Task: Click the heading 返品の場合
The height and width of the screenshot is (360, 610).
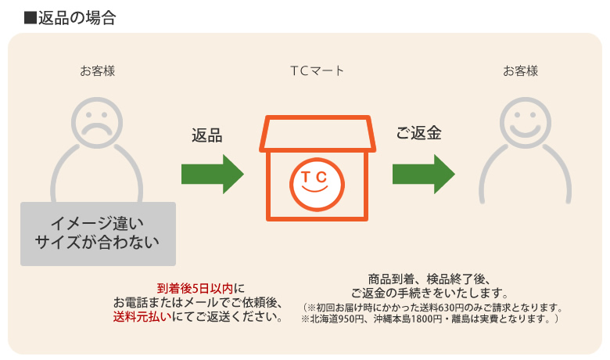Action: [x=77, y=18]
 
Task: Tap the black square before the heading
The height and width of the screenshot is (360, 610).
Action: [x=30, y=18]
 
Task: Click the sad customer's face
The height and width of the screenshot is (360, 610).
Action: [x=97, y=123]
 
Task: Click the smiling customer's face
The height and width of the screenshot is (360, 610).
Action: [x=526, y=123]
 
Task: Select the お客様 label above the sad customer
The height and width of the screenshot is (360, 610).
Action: [x=98, y=71]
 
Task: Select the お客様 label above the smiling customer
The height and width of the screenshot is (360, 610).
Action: [x=521, y=71]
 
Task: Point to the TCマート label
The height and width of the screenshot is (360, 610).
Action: [x=317, y=71]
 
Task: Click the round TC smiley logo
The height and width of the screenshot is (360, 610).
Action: [x=317, y=185]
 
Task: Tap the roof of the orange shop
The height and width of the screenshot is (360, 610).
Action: [x=317, y=134]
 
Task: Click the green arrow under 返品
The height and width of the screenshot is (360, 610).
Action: [x=213, y=174]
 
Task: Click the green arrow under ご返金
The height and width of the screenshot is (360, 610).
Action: [x=424, y=174]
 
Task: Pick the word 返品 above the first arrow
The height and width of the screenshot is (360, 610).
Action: [x=207, y=135]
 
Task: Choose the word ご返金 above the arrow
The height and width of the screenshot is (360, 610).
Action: [x=418, y=133]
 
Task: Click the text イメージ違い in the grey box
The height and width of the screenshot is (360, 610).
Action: [x=97, y=223]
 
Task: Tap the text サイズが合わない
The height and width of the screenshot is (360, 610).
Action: [x=97, y=242]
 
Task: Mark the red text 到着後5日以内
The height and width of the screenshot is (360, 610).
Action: [x=195, y=288]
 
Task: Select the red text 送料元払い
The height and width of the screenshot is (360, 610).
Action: [x=142, y=316]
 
